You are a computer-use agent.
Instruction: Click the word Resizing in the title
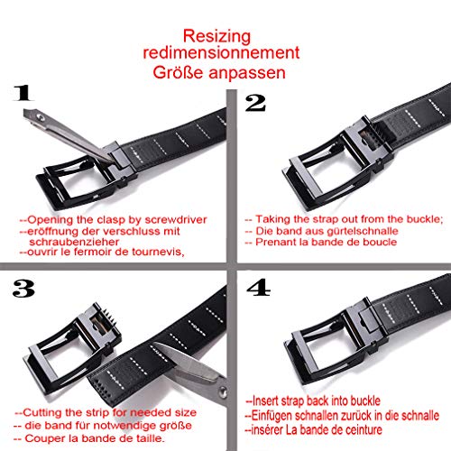(216, 37)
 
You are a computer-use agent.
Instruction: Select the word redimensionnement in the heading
(221, 53)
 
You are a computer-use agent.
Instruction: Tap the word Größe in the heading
(178, 72)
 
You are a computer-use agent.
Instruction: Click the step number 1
(23, 93)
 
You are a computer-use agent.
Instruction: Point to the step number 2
(255, 103)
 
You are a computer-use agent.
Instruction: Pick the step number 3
(23, 289)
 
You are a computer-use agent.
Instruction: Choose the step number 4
(258, 288)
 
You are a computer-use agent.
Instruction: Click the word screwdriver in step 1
(176, 220)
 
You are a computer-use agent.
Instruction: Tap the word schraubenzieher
(74, 242)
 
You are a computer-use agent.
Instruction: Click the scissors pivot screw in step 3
(223, 391)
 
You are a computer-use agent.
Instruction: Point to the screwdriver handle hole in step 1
(40, 116)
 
